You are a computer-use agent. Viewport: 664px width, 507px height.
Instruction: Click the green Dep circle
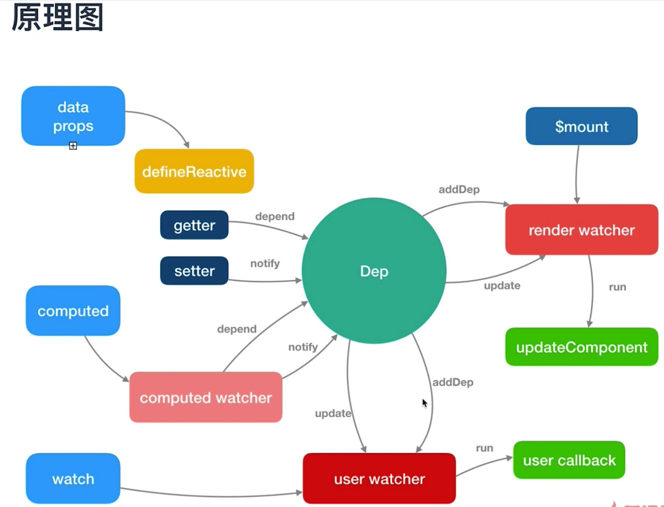click(374, 271)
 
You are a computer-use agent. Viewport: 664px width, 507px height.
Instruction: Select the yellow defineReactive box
click(194, 171)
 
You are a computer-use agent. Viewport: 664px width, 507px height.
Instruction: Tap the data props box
click(73, 116)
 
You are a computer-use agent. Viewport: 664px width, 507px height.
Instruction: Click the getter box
click(194, 225)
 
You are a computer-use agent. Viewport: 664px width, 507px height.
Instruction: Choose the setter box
click(194, 271)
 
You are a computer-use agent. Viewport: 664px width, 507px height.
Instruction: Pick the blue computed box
click(73, 311)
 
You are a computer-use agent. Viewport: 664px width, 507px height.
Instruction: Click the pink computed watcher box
click(205, 398)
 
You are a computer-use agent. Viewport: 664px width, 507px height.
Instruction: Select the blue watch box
click(73, 478)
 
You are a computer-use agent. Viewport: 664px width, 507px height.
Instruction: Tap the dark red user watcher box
click(379, 478)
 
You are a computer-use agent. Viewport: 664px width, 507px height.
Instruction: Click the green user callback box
click(569, 460)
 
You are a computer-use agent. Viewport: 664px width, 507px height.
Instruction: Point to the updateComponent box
click(581, 347)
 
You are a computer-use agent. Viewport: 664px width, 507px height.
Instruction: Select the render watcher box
click(581, 230)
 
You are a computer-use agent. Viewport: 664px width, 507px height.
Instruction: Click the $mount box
click(581, 126)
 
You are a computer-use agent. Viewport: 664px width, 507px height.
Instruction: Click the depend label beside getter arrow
click(275, 217)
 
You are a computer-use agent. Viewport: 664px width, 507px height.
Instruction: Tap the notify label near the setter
click(265, 263)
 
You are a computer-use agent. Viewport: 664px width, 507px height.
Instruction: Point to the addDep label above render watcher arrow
click(459, 189)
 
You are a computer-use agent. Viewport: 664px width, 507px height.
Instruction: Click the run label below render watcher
click(617, 287)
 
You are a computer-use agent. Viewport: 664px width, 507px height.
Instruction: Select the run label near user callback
click(484, 448)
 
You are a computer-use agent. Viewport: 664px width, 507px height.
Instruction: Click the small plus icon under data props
click(73, 146)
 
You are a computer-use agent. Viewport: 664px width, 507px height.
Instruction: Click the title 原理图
click(57, 17)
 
